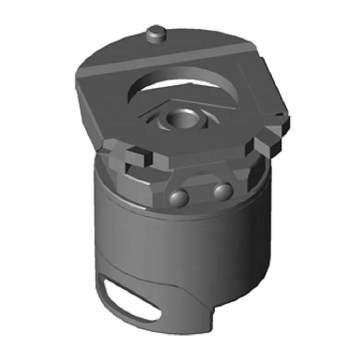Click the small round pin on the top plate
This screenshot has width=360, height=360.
156,34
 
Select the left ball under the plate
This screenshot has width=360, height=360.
178,198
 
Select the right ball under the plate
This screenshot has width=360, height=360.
222,190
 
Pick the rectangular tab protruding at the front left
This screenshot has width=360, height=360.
138,156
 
